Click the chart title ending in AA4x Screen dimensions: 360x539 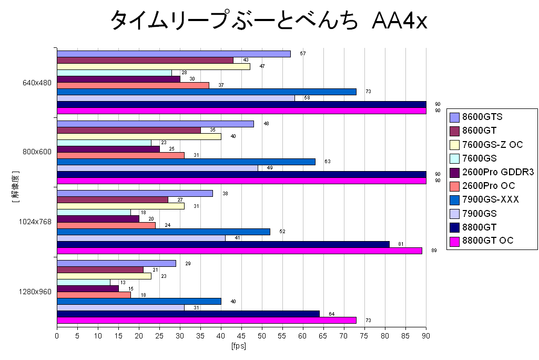tap(269, 22)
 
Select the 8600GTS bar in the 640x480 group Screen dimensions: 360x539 tap(174, 54)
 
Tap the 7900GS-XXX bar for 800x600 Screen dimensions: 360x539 tap(186, 162)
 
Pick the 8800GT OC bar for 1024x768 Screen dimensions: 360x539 tap(239, 251)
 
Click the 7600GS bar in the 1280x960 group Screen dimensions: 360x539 tap(84, 282)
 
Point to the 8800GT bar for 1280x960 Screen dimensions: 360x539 tap(188, 314)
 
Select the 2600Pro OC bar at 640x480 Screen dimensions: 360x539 tap(133, 85)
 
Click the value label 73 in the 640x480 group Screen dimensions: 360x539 tap(369, 92)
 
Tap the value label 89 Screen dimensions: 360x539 tap(434, 251)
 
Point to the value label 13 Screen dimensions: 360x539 tap(123, 283)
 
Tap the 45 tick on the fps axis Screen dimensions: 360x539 tap(241, 335)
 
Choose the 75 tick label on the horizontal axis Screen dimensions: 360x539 tap(364, 335)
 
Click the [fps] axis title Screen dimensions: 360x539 tap(239, 346)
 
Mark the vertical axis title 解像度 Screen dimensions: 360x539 tap(15, 187)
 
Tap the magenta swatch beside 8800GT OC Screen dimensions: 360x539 tap(455, 241)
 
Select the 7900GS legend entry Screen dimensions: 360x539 tap(480, 213)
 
